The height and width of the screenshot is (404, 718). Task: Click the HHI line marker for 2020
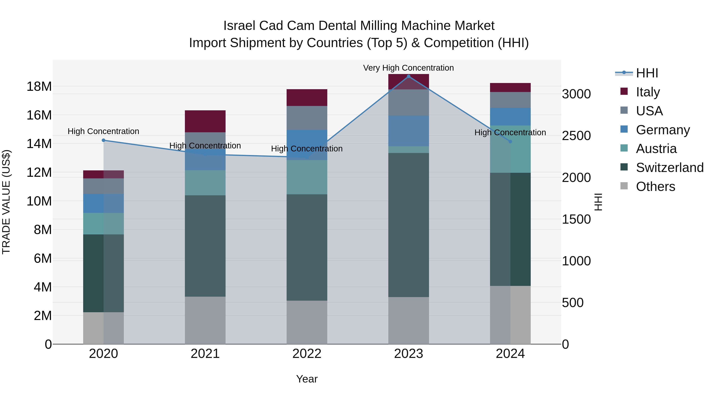point(103,140)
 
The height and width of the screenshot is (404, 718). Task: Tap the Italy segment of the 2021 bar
point(205,121)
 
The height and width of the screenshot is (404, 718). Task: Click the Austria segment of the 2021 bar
point(205,183)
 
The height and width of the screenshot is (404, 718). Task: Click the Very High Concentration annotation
point(408,68)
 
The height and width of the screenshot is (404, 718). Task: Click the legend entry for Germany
point(663,130)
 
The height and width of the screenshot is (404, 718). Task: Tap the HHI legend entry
point(647,73)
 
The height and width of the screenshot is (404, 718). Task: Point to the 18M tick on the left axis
point(39,86)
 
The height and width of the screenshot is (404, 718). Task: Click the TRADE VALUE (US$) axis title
point(6,202)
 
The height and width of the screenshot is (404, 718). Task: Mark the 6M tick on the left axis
point(43,258)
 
